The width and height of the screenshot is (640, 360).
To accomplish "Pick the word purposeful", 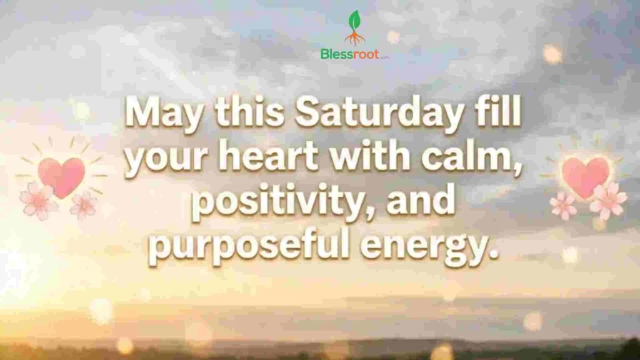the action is coord(249,246).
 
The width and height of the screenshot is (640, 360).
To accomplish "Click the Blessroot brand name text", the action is coord(350,54).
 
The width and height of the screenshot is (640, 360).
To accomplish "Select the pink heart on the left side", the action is coord(62,176).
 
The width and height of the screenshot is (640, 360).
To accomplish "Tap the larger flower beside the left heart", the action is coord(38,201).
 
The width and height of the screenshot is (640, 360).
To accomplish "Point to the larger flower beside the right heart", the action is coord(608,201).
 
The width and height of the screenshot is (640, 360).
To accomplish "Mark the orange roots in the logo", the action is coord(355,38).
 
